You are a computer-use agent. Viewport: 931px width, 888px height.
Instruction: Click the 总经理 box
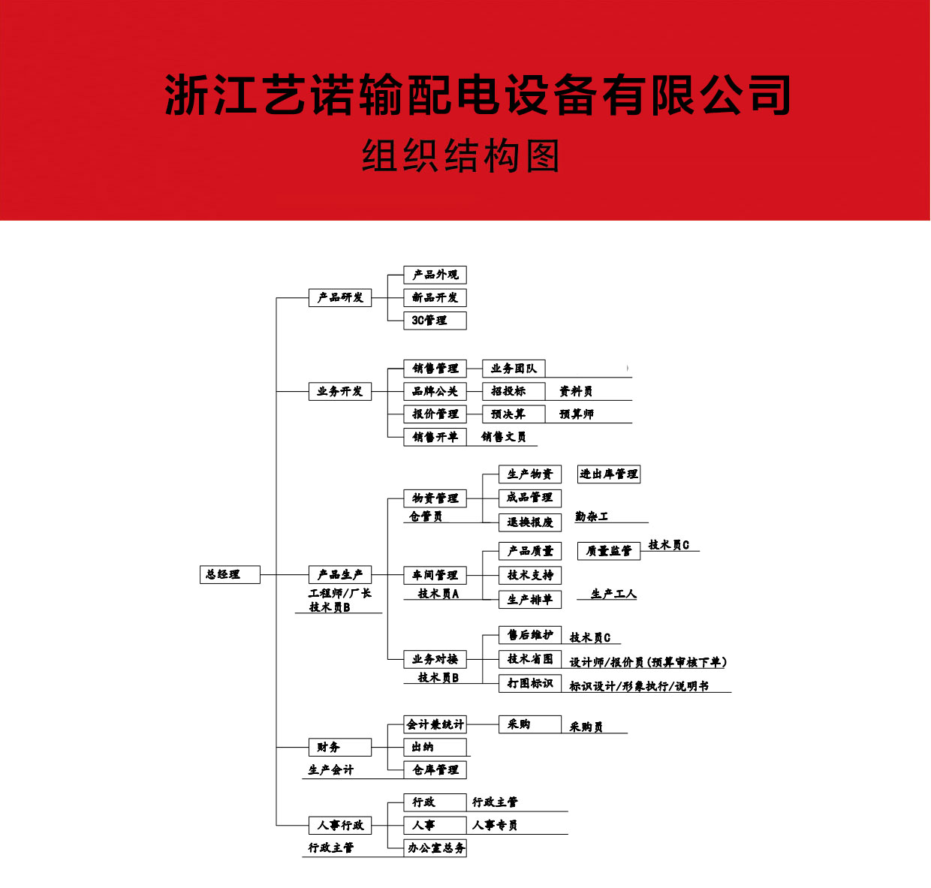click(x=230, y=574)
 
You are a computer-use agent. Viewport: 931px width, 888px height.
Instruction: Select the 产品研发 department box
click(x=340, y=298)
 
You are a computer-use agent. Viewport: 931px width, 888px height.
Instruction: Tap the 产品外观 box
click(x=435, y=275)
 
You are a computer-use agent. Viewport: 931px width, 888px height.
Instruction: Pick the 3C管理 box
click(x=435, y=321)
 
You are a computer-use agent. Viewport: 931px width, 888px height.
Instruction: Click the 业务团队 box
click(x=514, y=369)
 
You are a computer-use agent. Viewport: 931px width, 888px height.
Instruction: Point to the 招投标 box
click(x=514, y=391)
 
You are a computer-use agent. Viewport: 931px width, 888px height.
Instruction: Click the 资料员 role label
click(x=576, y=392)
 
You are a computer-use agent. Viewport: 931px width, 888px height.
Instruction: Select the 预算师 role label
click(x=577, y=414)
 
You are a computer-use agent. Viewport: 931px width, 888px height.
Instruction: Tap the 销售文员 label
click(x=503, y=437)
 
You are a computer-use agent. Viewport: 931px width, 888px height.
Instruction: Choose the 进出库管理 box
click(x=608, y=474)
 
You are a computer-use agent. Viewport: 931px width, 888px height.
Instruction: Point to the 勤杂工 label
click(x=592, y=516)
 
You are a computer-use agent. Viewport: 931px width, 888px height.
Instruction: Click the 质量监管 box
click(x=608, y=551)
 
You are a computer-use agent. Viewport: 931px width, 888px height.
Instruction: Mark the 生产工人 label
click(x=613, y=594)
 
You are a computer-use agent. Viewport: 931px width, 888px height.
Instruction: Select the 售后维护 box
click(x=530, y=635)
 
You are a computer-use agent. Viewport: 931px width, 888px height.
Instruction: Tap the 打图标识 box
click(x=530, y=683)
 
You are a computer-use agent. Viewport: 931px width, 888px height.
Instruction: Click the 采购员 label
click(x=586, y=727)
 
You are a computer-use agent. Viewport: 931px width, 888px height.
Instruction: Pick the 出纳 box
click(x=435, y=748)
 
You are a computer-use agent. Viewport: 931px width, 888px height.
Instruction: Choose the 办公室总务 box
click(x=435, y=848)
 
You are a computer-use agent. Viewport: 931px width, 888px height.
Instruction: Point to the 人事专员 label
click(x=495, y=826)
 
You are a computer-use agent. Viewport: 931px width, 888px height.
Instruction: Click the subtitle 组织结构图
click(x=461, y=155)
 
